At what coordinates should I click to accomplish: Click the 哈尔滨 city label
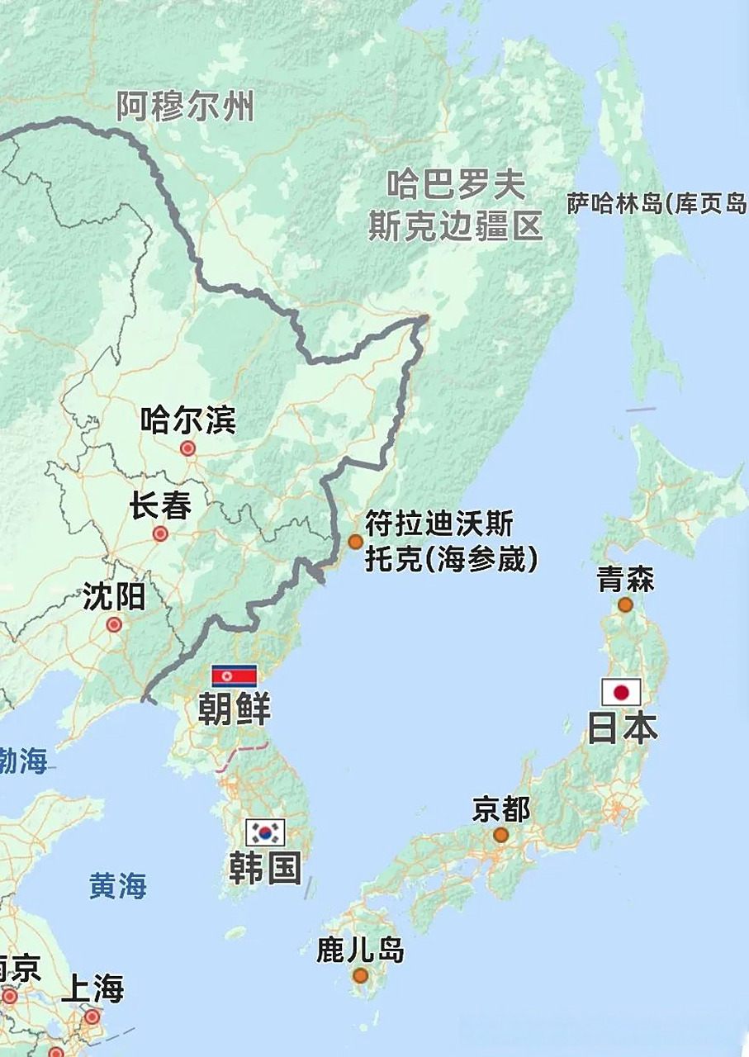pyautogui.click(x=188, y=420)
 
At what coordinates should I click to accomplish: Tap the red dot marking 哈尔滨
pyautogui.click(x=187, y=448)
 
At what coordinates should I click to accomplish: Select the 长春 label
pyautogui.click(x=160, y=505)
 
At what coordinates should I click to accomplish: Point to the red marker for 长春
pyautogui.click(x=160, y=533)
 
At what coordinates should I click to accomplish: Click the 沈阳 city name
pyautogui.click(x=114, y=596)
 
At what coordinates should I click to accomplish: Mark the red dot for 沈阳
pyautogui.click(x=114, y=625)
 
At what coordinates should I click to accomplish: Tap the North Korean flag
pyautogui.click(x=235, y=676)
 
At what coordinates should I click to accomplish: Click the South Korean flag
pyautogui.click(x=265, y=832)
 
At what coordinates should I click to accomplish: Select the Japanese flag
pyautogui.click(x=621, y=692)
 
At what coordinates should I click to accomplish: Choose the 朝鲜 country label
pyautogui.click(x=234, y=709)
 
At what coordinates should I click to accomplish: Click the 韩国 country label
pyautogui.click(x=264, y=868)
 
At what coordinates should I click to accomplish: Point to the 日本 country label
pyautogui.click(x=622, y=728)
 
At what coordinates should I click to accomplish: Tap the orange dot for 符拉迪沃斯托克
pyautogui.click(x=355, y=542)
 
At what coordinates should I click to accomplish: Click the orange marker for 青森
pyautogui.click(x=625, y=604)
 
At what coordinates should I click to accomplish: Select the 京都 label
pyautogui.click(x=500, y=809)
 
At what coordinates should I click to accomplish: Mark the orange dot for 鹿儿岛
pyautogui.click(x=360, y=975)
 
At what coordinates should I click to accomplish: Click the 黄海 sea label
pyautogui.click(x=118, y=886)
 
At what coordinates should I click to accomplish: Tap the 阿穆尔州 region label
pyautogui.click(x=185, y=107)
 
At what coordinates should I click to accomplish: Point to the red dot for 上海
pyautogui.click(x=92, y=1017)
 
